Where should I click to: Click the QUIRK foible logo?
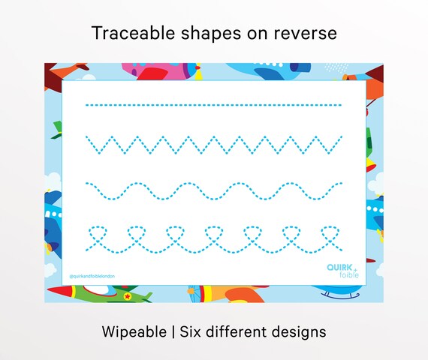pyautogui.click(x=342, y=269)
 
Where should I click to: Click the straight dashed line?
pyautogui.click(x=214, y=105)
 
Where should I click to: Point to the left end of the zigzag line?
pyautogui.click(x=87, y=137)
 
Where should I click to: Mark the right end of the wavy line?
pyautogui.click(x=342, y=183)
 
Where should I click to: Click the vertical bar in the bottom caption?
pyautogui.click(x=171, y=331)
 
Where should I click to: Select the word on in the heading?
pyautogui.click(x=255, y=34)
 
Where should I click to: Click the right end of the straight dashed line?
pyautogui.click(x=341, y=105)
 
